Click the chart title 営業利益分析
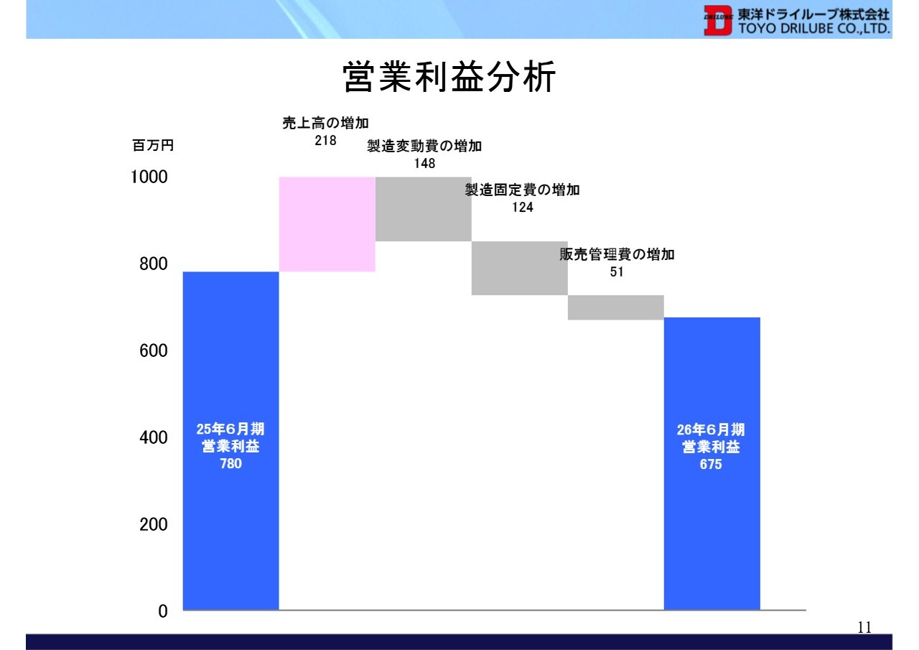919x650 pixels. click(x=449, y=77)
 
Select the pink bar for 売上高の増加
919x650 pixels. click(x=327, y=224)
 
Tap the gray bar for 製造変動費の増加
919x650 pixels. click(x=424, y=209)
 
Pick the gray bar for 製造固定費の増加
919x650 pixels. click(x=519, y=268)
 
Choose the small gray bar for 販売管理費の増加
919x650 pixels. click(x=616, y=307)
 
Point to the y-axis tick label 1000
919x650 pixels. click(x=149, y=177)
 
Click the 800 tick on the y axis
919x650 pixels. click(x=154, y=264)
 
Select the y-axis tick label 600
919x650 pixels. click(x=154, y=350)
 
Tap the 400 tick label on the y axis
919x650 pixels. click(x=154, y=437)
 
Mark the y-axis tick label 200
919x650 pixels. click(x=154, y=524)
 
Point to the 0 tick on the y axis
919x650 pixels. click(x=163, y=611)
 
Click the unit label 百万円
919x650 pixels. click(x=153, y=145)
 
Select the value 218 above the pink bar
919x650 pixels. click(x=325, y=140)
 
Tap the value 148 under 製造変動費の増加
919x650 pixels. click(x=424, y=163)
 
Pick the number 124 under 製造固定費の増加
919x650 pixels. click(x=522, y=208)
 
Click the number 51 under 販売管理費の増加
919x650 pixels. click(x=617, y=271)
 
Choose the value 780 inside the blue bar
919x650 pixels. click(x=230, y=464)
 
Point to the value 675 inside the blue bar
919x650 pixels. click(x=711, y=465)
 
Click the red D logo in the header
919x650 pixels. click(x=717, y=20)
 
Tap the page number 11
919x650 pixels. click(x=864, y=628)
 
